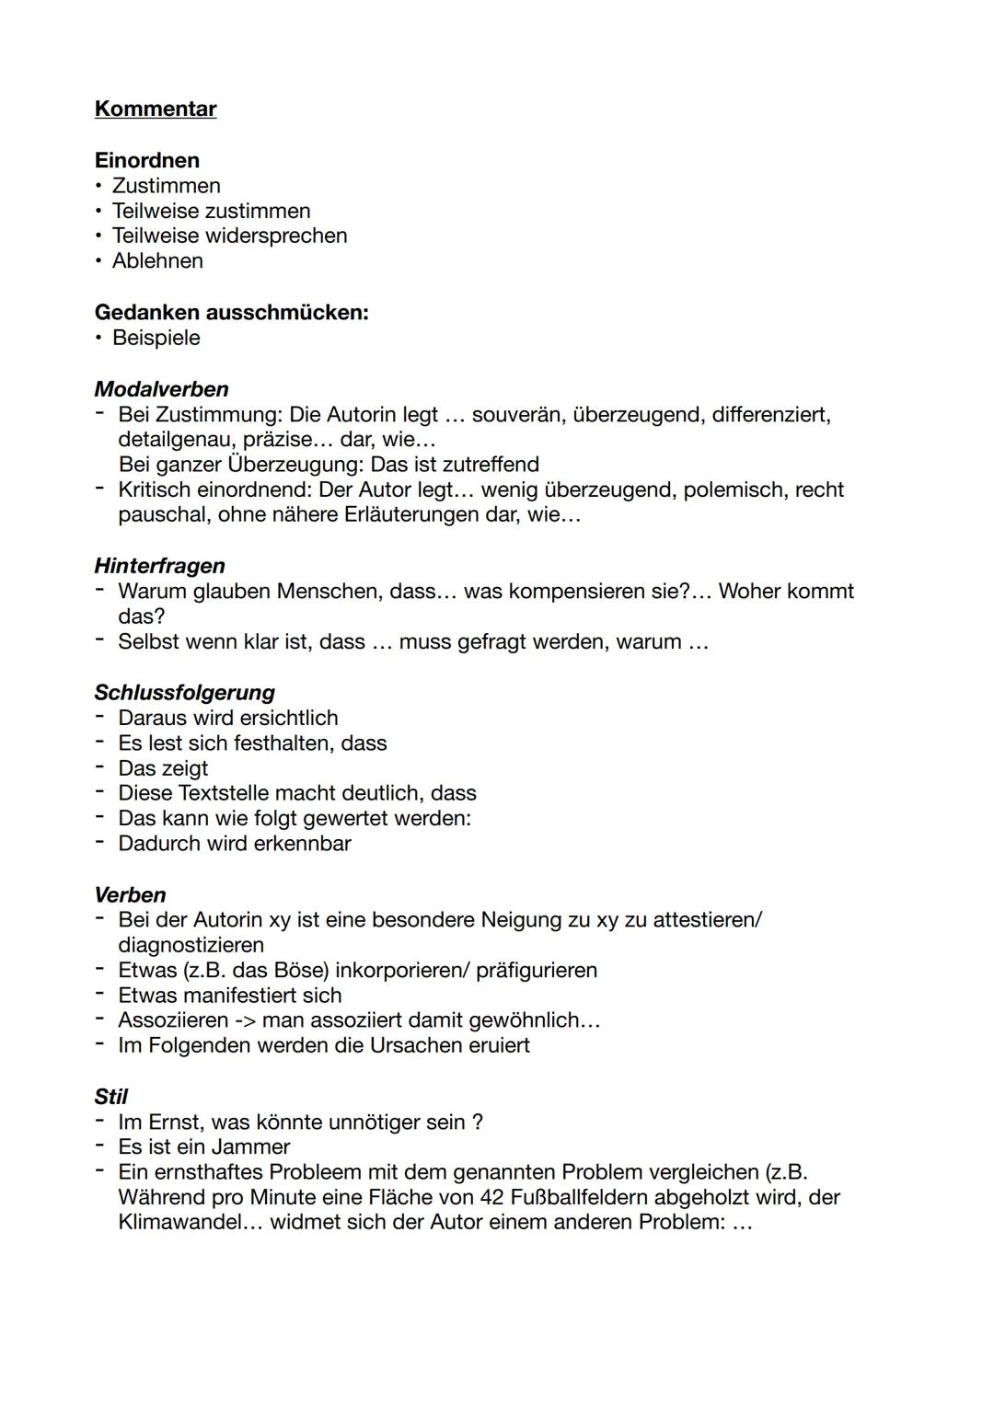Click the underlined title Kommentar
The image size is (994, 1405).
[156, 109]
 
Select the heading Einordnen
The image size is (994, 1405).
[146, 160]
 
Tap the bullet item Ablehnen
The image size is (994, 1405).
[157, 261]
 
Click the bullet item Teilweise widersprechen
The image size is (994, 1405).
[229, 236]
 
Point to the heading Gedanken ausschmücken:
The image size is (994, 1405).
[231, 312]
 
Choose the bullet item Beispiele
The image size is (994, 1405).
[156, 338]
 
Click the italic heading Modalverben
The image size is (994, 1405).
[161, 389]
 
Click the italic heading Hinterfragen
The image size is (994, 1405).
[159, 566]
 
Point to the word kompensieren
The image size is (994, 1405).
[576, 592]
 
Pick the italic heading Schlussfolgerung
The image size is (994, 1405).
[184, 692]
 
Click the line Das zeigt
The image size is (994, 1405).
[163, 768]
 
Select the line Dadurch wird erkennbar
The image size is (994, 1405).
[234, 844]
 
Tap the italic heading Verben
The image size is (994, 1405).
[130, 895]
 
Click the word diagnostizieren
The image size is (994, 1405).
[191, 945]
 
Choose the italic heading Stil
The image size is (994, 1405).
[110, 1097]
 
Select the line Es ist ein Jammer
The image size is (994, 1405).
[203, 1147]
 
